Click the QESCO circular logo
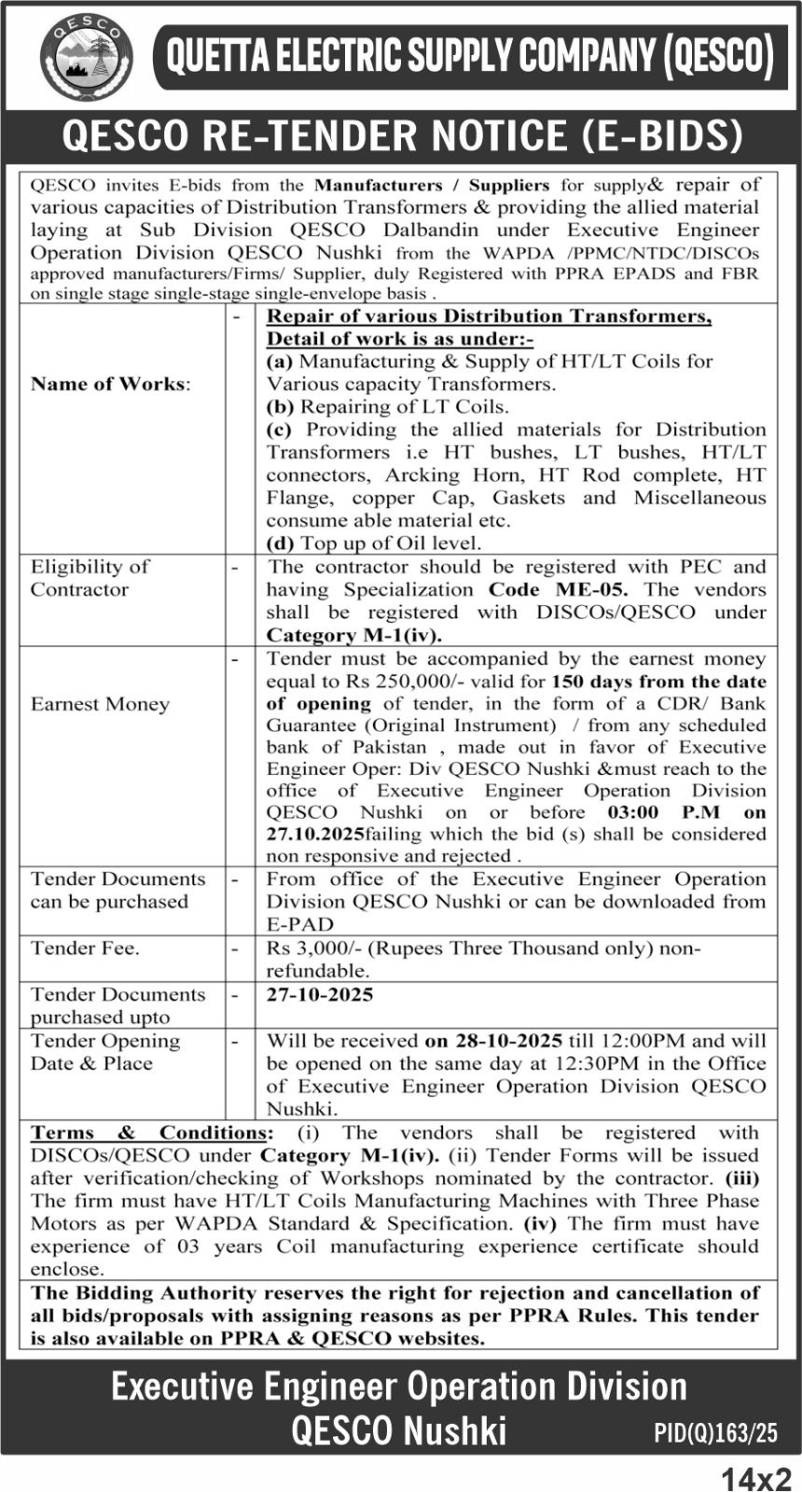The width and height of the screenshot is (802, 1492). click(87, 57)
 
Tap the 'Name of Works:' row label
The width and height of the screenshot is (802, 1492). click(110, 384)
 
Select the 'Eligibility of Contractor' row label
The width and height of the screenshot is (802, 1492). click(90, 578)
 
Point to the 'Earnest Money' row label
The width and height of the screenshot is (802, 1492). click(100, 704)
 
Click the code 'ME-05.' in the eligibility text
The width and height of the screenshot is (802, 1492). click(593, 589)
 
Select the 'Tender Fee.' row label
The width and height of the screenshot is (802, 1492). click(85, 948)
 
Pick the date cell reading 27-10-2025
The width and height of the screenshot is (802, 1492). click(320, 995)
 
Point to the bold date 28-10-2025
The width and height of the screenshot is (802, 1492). click(507, 1041)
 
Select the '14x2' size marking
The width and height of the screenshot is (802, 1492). click(755, 1478)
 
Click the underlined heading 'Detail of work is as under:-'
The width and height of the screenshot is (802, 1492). click(400, 338)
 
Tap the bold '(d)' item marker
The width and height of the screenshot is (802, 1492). click(280, 543)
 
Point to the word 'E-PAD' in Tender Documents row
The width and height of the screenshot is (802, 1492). click(299, 924)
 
